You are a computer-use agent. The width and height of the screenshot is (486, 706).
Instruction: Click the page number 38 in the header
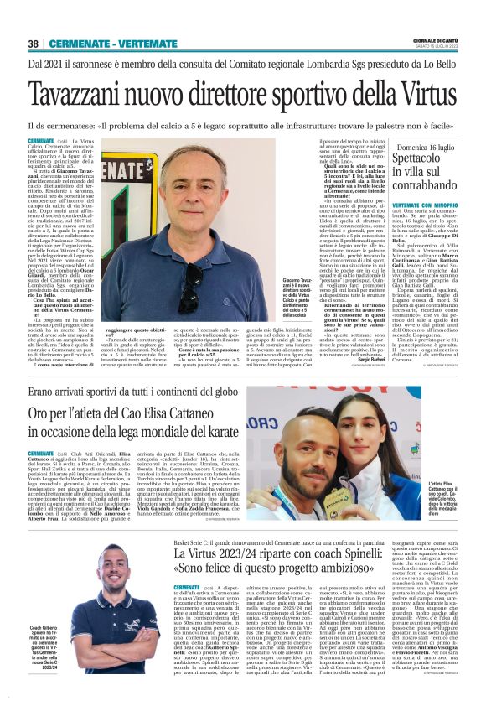tap(33, 43)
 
